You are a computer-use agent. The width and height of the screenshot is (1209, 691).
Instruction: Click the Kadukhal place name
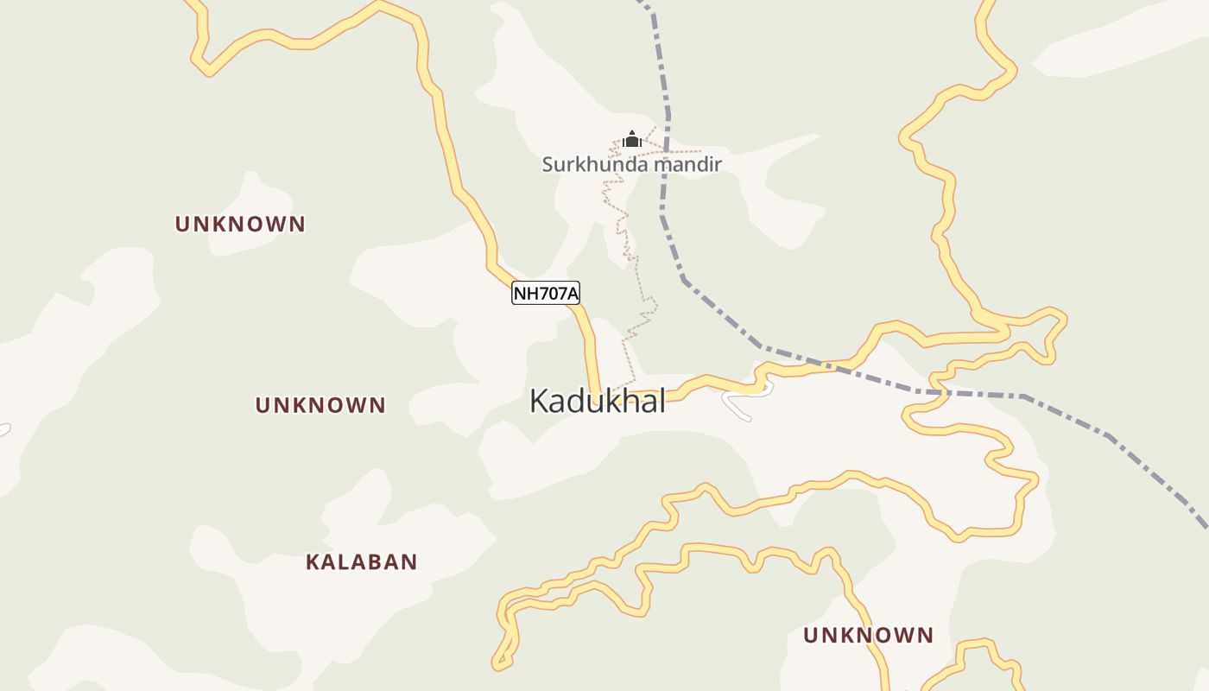point(598,402)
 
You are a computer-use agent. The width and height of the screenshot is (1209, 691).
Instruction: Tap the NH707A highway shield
point(546,294)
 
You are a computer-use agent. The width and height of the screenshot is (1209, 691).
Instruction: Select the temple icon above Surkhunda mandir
point(632,139)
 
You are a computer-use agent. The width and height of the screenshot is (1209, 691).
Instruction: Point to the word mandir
point(688,164)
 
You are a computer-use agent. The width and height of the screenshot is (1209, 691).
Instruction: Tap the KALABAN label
point(361,562)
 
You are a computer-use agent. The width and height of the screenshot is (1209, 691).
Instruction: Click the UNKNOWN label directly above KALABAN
point(320,405)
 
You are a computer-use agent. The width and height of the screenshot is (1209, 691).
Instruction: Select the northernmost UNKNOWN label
point(240,225)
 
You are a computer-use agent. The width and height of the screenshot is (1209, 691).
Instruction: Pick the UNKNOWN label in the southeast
point(868,636)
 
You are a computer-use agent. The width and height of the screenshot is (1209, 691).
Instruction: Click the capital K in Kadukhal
point(539,402)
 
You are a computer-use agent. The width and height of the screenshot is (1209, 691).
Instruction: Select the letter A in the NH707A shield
point(572,294)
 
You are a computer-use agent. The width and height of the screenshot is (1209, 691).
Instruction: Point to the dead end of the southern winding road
point(497,665)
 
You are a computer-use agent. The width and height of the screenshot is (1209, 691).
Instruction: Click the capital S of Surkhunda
point(548,164)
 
